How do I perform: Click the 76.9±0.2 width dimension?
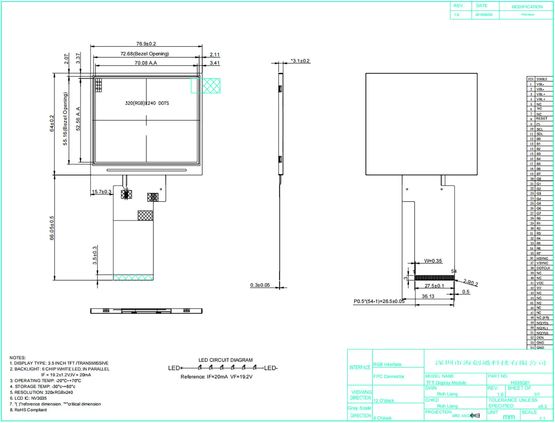tap(146, 44)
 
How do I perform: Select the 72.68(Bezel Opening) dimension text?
tap(145, 54)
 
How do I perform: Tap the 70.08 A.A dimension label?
tap(146, 63)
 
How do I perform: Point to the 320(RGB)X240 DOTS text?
tap(147, 103)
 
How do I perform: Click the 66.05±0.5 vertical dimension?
tap(52, 228)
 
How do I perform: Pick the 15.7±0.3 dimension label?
tap(102, 192)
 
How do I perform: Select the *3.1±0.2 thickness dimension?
tap(300, 61)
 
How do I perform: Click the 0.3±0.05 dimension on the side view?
tap(260, 285)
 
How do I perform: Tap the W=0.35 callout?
tap(433, 261)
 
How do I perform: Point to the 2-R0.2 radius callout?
tap(471, 283)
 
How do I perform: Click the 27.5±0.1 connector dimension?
tap(434, 286)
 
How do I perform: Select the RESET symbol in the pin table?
tap(541, 118)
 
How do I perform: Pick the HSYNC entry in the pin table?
tap(542, 258)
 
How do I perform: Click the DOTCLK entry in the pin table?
tap(543, 268)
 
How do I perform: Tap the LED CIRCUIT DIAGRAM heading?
tap(225, 360)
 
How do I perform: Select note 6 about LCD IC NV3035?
tap(28, 398)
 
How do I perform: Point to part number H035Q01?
tap(520, 382)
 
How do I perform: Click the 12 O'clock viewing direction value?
tap(384, 400)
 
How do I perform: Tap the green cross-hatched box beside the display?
tap(206, 86)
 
